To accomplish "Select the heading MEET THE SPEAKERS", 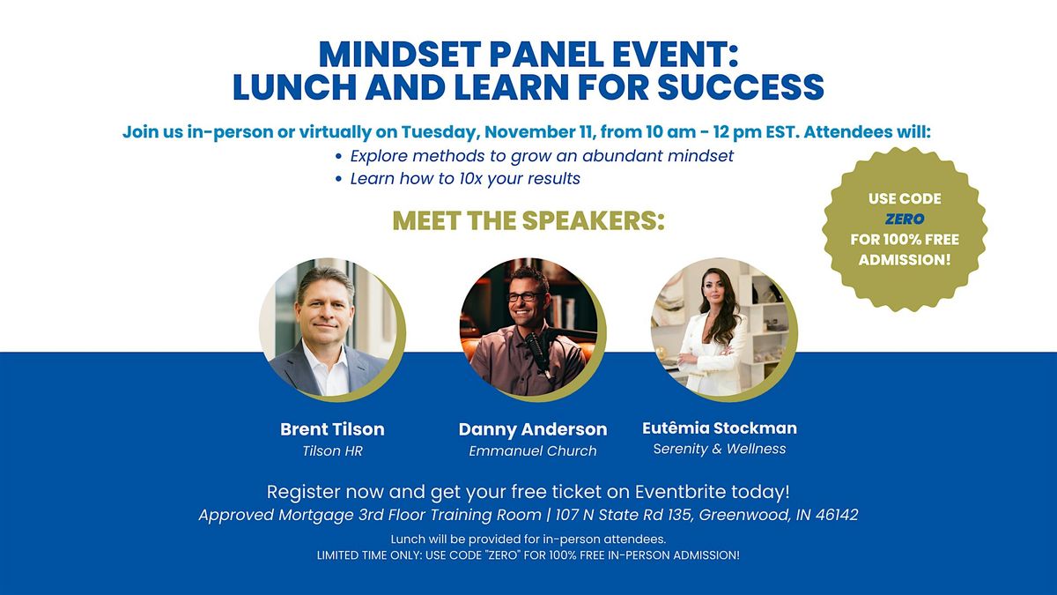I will pyautogui.click(x=528, y=221).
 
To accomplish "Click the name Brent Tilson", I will pyautogui.click(x=332, y=429).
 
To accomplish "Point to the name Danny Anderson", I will pyautogui.click(x=532, y=429).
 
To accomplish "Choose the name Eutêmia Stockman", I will pyautogui.click(x=720, y=428).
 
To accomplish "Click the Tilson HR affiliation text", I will pyautogui.click(x=332, y=451).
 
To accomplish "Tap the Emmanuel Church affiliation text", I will pyautogui.click(x=532, y=451).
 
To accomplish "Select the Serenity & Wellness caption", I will pyautogui.click(x=720, y=449).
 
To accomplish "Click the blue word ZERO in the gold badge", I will pyautogui.click(x=904, y=219).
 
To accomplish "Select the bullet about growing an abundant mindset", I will pyautogui.click(x=542, y=156).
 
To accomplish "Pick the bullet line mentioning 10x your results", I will pyautogui.click(x=465, y=179).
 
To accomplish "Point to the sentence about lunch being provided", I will pyautogui.click(x=528, y=539).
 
